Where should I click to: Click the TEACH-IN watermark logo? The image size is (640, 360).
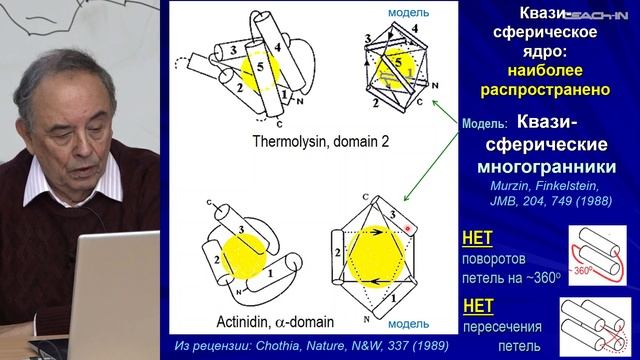[602, 9]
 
